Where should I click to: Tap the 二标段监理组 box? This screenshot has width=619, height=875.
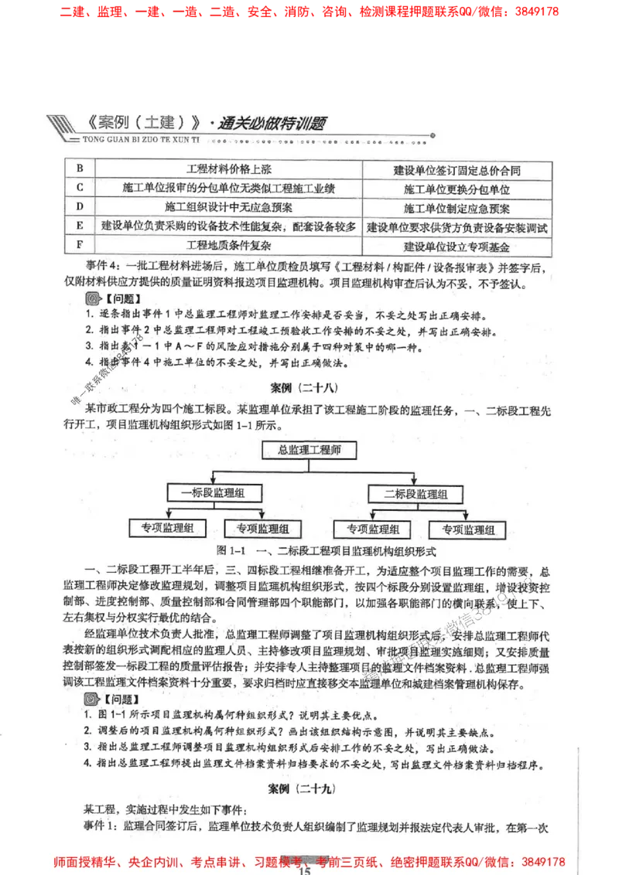click(416, 493)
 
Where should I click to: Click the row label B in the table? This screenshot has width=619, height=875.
click(80, 169)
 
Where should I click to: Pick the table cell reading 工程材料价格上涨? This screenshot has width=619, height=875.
click(229, 169)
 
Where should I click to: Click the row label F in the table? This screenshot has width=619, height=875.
click(80, 246)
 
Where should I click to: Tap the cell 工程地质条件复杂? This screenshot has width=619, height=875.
click(229, 246)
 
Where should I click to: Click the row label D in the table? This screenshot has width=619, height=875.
click(80, 207)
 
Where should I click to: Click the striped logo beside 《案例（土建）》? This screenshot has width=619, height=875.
click(63, 126)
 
